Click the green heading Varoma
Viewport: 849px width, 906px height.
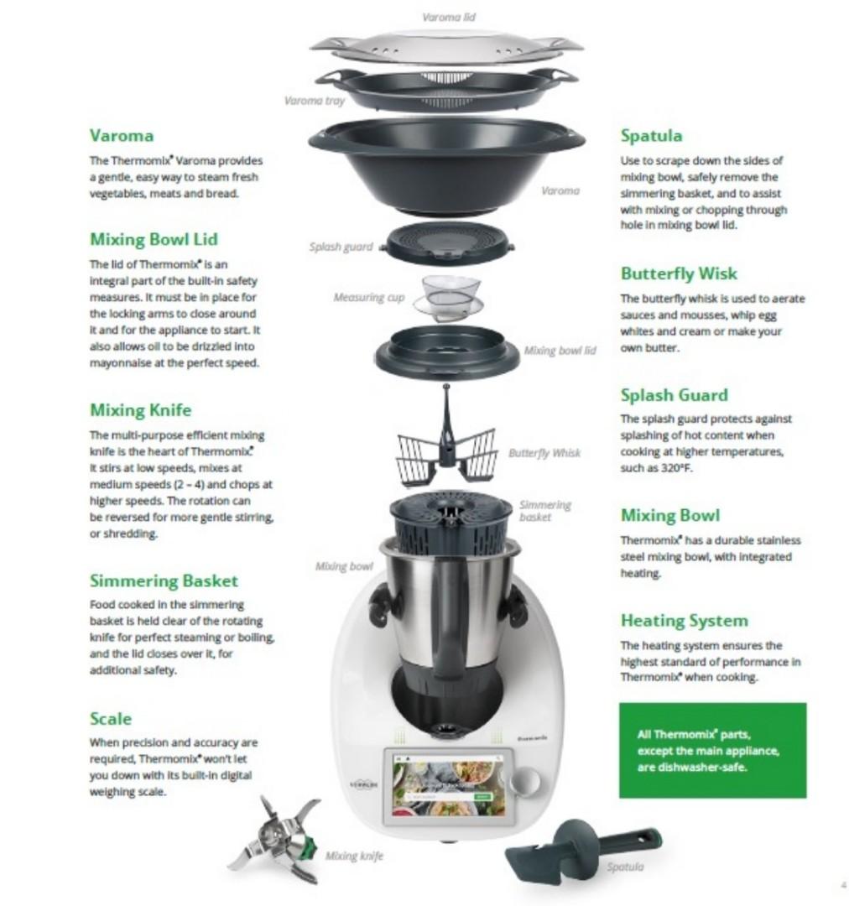click(122, 135)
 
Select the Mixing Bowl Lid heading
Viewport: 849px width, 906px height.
click(154, 239)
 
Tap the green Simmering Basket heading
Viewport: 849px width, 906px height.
click(164, 581)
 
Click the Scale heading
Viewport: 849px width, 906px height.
click(111, 719)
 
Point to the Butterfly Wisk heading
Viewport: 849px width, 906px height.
click(679, 273)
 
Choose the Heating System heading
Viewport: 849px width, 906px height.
click(684, 621)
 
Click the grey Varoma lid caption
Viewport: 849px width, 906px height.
click(451, 17)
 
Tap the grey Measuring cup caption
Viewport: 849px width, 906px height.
click(368, 298)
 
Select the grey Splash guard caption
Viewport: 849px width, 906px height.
click(341, 247)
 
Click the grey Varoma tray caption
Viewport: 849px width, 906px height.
click(315, 101)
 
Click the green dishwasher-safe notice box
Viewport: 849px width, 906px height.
click(712, 750)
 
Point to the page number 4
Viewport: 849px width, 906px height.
click(841, 883)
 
